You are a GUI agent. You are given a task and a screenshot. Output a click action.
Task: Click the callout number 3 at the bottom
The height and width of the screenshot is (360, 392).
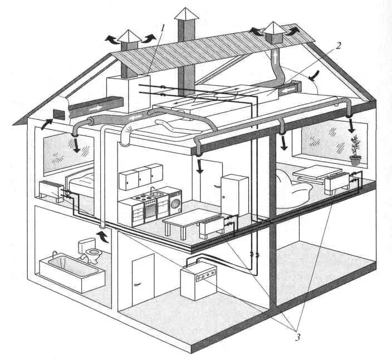[298, 337]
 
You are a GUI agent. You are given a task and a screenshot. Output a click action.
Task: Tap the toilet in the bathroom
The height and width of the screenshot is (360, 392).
[89, 250]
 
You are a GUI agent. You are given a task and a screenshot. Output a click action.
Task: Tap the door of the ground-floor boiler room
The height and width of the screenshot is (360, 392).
[143, 276]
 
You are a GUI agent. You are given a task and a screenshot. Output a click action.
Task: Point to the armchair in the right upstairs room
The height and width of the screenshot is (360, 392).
[290, 189]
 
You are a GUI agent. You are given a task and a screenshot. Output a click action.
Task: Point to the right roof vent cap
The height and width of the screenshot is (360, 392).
[274, 32]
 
